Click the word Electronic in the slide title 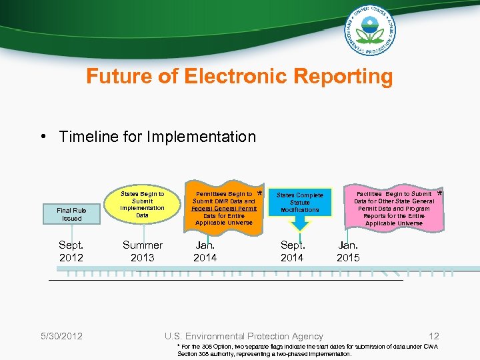pyautogui.click(x=227, y=76)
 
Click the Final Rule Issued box pyautogui.click(x=71, y=214)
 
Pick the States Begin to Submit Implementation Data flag pyautogui.click(x=142, y=205)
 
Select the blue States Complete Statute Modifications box pyautogui.click(x=299, y=202)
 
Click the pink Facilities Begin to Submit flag pyautogui.click(x=393, y=208)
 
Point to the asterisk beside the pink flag pyautogui.click(x=439, y=195)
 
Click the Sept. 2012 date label pyautogui.click(x=71, y=251)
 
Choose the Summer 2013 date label pyautogui.click(x=142, y=251)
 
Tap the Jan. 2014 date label pyautogui.click(x=205, y=251)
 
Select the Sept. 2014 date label pyautogui.click(x=292, y=251)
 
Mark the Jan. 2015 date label pyautogui.click(x=348, y=251)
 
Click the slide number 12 pyautogui.click(x=434, y=336)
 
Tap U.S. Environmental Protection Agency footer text pyautogui.click(x=244, y=336)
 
